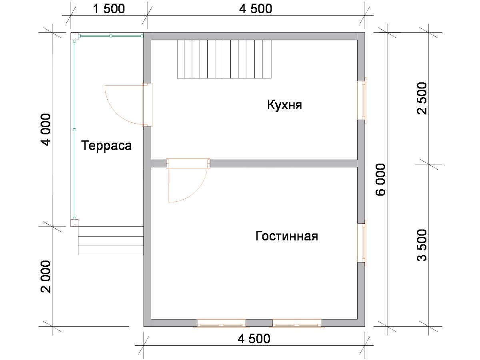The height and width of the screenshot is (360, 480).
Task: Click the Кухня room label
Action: [x=284, y=105]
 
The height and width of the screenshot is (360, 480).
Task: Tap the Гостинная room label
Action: [x=287, y=236]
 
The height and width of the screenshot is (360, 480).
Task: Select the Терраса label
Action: [x=106, y=146]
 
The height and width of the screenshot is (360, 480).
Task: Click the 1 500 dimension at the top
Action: [x=109, y=9]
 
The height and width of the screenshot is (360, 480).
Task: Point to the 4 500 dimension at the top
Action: [x=256, y=9]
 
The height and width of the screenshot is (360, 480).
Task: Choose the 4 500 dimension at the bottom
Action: [x=254, y=338]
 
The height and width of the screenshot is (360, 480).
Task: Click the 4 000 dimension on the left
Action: [x=46, y=129]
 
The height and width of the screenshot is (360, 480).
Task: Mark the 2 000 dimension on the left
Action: [x=46, y=276]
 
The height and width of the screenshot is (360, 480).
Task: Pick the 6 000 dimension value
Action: [x=381, y=179]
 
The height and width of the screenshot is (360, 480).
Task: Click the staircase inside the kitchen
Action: [x=224, y=59]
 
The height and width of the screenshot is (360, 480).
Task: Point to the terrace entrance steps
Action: [x=111, y=241]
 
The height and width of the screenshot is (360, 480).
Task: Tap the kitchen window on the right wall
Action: [x=362, y=100]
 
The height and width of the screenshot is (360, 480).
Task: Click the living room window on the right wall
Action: [x=362, y=243]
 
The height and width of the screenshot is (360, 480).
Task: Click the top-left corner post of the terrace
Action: [x=74, y=36]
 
